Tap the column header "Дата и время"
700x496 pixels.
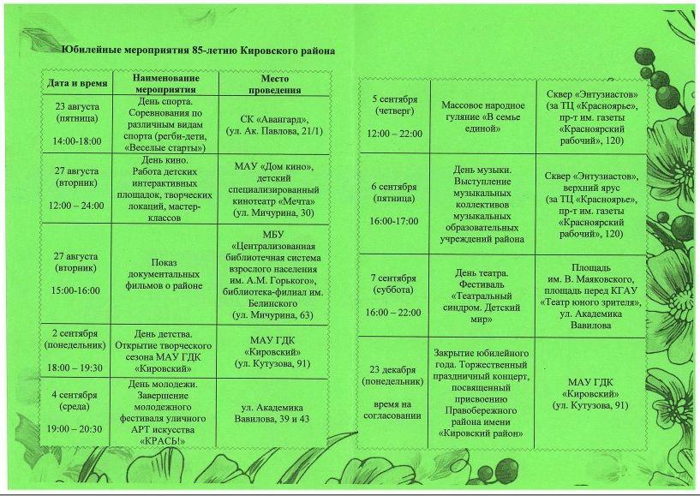(x=77, y=84)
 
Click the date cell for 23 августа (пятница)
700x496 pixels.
(x=77, y=123)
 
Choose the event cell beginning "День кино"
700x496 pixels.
(x=165, y=188)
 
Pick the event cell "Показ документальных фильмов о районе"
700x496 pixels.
(x=165, y=273)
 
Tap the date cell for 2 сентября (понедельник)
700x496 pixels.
(x=77, y=350)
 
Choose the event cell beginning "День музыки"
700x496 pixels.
(x=482, y=205)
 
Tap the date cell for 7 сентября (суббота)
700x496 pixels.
(x=394, y=296)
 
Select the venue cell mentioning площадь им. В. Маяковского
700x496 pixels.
(x=591, y=296)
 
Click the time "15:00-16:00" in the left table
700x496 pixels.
(x=77, y=291)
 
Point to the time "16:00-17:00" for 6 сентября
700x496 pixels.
(x=394, y=221)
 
